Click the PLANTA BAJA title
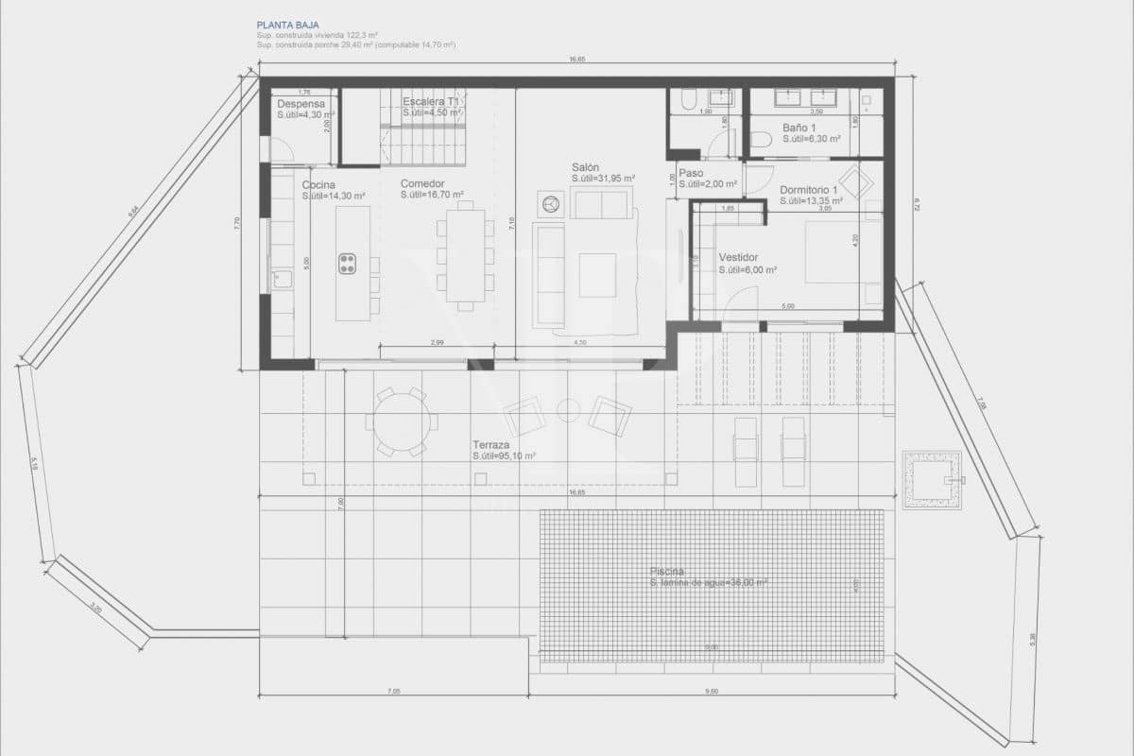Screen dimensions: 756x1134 pyautogui.click(x=288, y=26)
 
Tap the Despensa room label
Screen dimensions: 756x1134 pyautogui.click(x=301, y=104)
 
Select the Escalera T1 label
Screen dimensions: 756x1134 pyautogui.click(x=430, y=101)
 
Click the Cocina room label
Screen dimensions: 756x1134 pyautogui.click(x=318, y=185)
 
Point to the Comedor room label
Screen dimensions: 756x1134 pyautogui.click(x=422, y=184)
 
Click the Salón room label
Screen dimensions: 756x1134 pyautogui.click(x=587, y=166)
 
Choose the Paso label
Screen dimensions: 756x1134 pyautogui.click(x=691, y=173)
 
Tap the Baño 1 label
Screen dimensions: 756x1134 pyautogui.click(x=799, y=128)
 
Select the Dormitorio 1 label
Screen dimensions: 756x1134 pyautogui.click(x=810, y=190)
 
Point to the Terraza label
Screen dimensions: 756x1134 pyautogui.click(x=491, y=444)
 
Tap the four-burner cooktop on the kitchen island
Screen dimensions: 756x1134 pyautogui.click(x=347, y=264)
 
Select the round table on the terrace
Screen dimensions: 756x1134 pyautogui.click(x=402, y=421)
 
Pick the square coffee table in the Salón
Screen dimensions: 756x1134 pyautogui.click(x=597, y=275)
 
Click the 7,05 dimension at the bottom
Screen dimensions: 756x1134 pyautogui.click(x=394, y=691)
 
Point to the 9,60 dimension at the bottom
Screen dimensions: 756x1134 pyautogui.click(x=712, y=691)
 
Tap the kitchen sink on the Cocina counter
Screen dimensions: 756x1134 pyautogui.click(x=281, y=279)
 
